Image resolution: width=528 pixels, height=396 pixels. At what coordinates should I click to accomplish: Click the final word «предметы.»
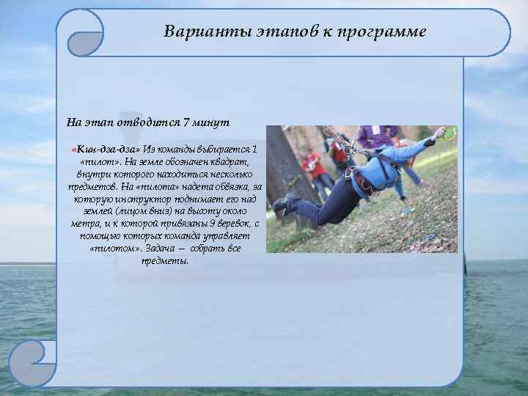coord(164,260)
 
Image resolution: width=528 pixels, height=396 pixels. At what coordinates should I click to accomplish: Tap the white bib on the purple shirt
coord(375,130)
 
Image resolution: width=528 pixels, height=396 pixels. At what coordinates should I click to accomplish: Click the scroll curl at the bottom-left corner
coord(32,365)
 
